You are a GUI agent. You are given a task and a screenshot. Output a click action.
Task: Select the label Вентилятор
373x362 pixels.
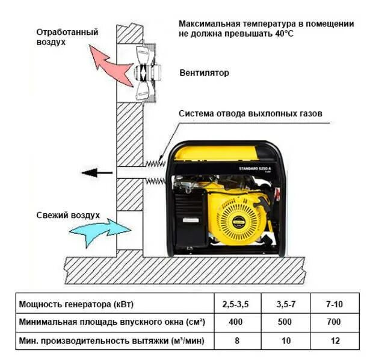(x=204, y=73)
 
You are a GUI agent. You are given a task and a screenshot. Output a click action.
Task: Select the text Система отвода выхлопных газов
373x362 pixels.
(x=250, y=113)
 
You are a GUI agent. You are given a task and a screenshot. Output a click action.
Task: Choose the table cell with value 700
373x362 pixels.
(x=334, y=322)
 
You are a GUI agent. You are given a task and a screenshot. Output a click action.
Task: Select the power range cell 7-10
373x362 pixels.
(x=334, y=303)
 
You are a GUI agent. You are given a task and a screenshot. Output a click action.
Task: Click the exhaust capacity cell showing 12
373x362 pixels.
(x=334, y=341)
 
